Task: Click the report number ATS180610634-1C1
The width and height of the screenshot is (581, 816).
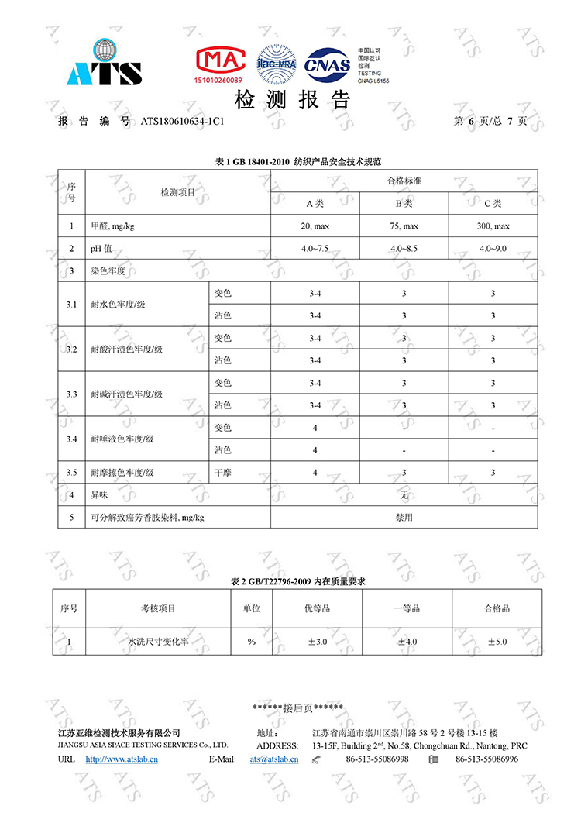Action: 183,122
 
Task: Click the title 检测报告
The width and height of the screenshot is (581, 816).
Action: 292,100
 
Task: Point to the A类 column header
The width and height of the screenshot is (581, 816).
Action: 315,204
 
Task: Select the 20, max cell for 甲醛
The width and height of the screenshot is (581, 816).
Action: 315,226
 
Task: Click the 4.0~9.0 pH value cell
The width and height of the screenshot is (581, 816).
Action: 493,249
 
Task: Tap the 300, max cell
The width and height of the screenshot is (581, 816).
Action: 493,226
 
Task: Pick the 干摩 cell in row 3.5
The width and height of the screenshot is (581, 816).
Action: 223,472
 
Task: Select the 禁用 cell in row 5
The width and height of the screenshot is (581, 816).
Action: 404,517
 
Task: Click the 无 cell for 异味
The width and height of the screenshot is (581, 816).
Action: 404,494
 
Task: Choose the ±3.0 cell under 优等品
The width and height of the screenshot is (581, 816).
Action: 317,642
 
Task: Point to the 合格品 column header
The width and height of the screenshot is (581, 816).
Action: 497,608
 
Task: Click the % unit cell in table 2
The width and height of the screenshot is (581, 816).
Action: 251,642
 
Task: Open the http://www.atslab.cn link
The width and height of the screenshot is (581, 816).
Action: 122,759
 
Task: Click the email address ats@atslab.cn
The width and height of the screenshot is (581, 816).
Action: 273,759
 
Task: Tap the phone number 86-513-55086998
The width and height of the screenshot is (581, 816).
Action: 376,759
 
